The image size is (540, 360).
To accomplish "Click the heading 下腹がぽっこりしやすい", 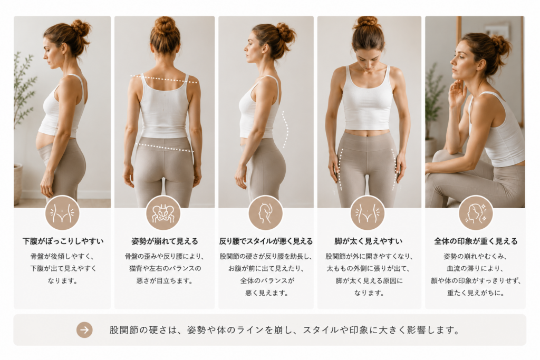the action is [x=63, y=241].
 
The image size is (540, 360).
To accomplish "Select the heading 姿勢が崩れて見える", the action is [x=165, y=241].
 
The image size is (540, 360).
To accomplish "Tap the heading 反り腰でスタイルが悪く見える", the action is [x=266, y=241].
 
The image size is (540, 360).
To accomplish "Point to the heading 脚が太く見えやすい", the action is [x=369, y=241].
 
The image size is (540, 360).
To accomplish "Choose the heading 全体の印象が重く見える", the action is [x=476, y=241].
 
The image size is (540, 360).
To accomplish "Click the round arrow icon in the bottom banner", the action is [x=84, y=330].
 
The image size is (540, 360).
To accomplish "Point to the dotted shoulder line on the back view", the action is [x=164, y=79].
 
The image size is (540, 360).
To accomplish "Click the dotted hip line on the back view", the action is [x=165, y=147].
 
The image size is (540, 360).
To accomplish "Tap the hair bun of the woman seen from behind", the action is [x=165, y=25].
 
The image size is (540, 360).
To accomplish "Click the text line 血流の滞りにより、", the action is [x=476, y=268].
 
